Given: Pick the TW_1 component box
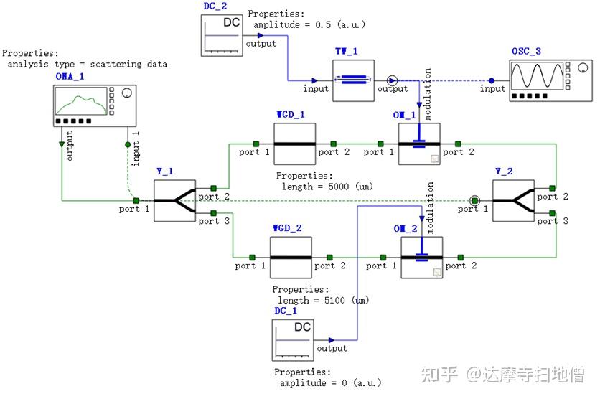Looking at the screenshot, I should click(353, 81).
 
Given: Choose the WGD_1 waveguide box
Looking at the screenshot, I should click(294, 144).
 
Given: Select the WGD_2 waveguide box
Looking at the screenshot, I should click(290, 257).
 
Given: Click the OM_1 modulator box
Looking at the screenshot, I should click(419, 144).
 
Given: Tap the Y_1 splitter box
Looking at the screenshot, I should click(174, 200).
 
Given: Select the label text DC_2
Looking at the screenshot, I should click(215, 6).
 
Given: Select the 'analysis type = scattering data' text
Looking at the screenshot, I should click(87, 64).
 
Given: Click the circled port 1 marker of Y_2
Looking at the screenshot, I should click(474, 199).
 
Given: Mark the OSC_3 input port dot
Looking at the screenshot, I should click(492, 80).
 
